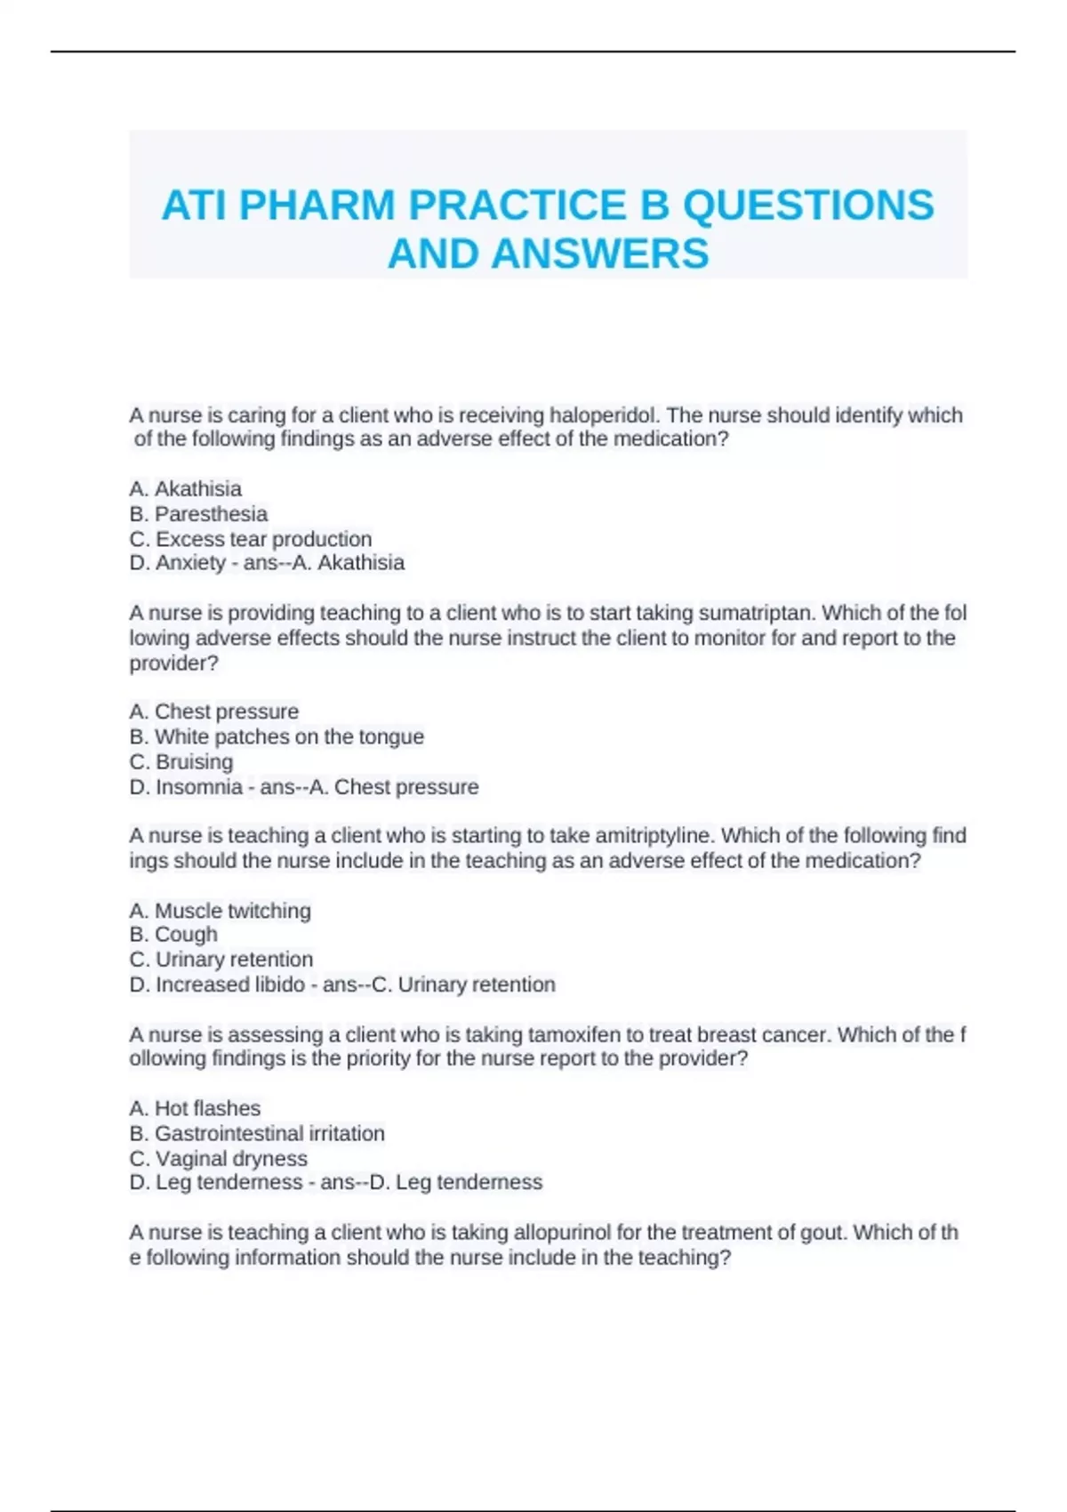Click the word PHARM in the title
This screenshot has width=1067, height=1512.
[316, 205]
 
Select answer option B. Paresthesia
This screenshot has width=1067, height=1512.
[198, 514]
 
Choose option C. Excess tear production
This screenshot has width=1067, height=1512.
[250, 539]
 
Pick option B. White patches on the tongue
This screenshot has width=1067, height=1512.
[277, 736]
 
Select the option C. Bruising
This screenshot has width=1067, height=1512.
[181, 761]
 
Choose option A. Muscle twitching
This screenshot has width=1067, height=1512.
[220, 911]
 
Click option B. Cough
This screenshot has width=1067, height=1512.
[173, 935]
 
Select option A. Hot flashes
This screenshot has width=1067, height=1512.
[195, 1108]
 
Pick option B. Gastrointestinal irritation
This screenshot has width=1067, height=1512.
[257, 1133]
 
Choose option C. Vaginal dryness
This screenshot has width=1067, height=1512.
[218, 1158]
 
